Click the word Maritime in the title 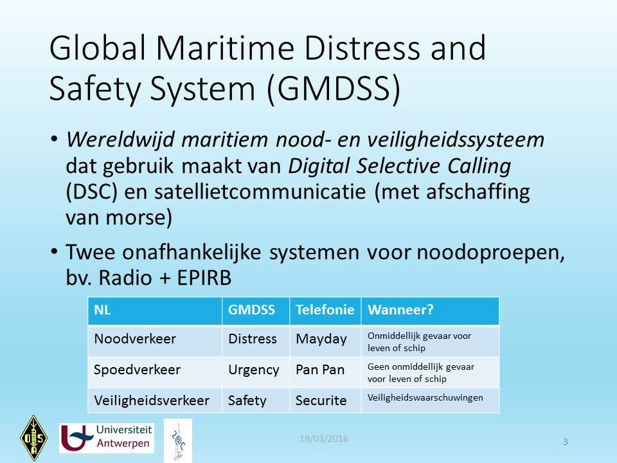pos(226,48)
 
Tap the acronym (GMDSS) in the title pos(334,89)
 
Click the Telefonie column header pos(325,310)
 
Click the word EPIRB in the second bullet pos(204,278)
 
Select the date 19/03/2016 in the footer pos(324,439)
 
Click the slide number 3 pos(566,442)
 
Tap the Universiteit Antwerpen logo pos(107,438)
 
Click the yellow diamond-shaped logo pos(34,438)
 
